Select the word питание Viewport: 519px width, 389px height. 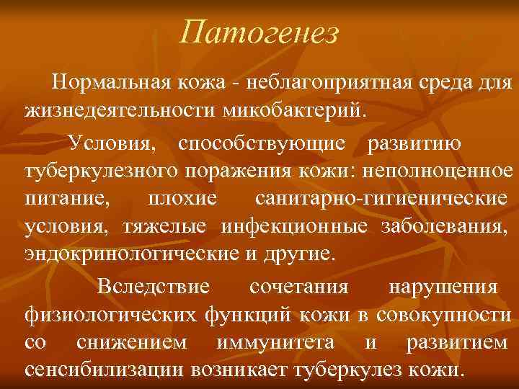coord(62,200)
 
